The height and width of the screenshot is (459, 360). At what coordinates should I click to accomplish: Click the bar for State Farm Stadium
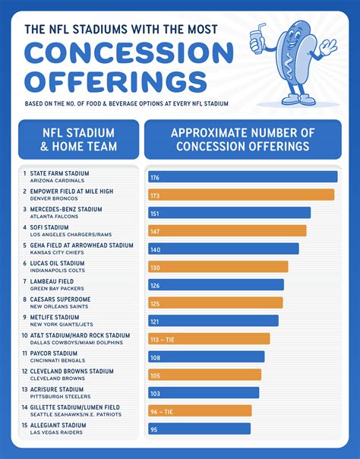[242, 177]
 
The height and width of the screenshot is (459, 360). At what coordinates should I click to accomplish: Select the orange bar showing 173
[241, 195]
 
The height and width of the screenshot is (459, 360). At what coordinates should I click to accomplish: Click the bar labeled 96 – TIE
[200, 411]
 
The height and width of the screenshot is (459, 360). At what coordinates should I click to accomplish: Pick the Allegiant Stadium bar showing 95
[199, 429]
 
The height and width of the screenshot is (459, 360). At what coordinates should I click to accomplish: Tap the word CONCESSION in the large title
[128, 53]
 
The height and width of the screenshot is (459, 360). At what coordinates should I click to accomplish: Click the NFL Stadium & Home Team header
[79, 139]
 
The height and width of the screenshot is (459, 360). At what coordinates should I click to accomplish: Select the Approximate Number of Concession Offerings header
[242, 139]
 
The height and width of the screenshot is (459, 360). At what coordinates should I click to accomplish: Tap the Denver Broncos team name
[53, 199]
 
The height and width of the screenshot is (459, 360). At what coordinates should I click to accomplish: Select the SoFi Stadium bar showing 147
[227, 230]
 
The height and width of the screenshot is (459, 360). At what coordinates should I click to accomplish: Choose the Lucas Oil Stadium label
[58, 264]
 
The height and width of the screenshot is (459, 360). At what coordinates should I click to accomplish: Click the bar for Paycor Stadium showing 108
[206, 357]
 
